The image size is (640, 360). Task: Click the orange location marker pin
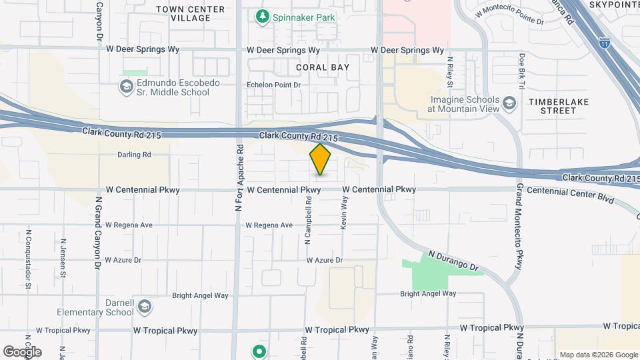(320, 159)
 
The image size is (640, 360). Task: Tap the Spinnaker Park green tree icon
(263, 16)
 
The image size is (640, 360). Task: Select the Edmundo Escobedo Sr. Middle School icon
(126, 87)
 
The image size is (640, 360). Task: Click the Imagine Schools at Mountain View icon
(510, 103)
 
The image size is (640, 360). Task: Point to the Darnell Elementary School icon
(145, 307)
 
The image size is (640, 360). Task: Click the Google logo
(22, 351)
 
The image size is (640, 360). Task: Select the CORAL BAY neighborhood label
(322, 67)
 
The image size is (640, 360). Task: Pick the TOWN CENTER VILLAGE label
(182, 13)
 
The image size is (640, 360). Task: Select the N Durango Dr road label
(454, 261)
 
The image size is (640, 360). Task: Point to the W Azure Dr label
(324, 260)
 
